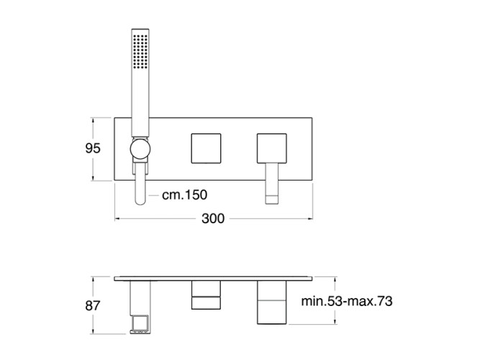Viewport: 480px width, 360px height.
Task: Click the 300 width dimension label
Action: tap(213, 218)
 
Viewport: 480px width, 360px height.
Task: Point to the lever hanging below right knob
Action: tap(273, 184)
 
